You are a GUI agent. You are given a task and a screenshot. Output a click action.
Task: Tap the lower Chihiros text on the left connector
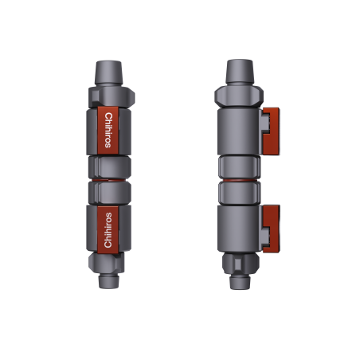point(109,230)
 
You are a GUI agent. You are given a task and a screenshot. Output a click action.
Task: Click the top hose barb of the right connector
point(239,72)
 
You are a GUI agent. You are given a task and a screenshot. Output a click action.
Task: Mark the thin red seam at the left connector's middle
point(109,181)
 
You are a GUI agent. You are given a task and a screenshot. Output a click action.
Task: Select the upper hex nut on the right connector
point(239,96)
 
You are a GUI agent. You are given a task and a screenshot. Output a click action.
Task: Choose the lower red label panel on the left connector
point(109,230)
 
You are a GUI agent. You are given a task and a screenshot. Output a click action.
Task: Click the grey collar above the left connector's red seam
point(109,167)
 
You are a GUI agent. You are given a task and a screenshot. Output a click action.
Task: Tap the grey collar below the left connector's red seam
point(109,194)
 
